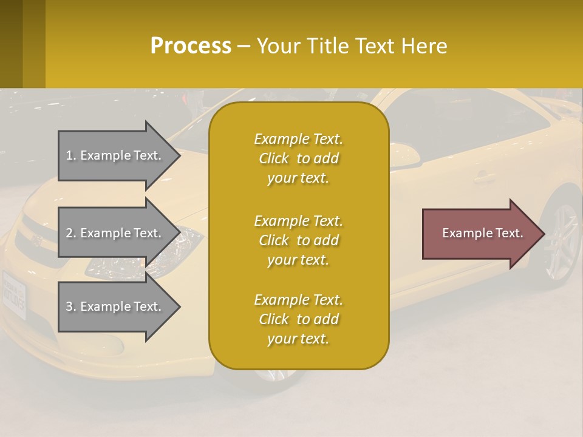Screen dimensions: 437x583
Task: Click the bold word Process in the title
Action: point(191,46)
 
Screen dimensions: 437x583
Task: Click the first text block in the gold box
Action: point(298,158)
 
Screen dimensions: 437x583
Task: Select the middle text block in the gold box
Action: point(298,240)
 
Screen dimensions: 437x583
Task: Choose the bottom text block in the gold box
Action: point(298,319)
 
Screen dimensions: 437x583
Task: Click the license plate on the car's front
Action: point(13,295)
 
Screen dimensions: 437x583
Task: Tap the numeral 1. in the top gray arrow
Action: point(71,155)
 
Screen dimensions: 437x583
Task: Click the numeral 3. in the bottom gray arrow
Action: point(71,307)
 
